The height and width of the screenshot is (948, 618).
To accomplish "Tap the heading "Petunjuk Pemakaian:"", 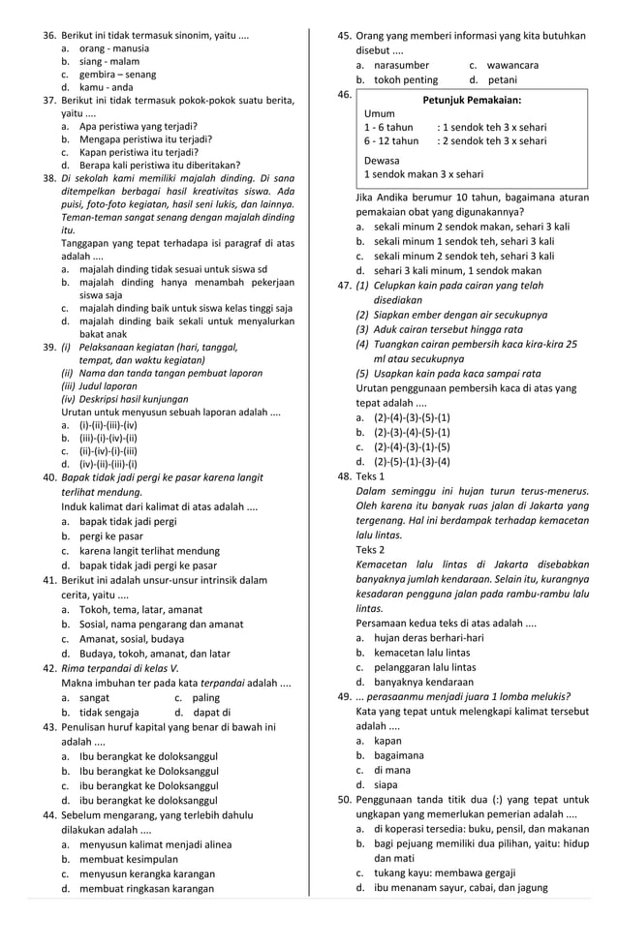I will [x=473, y=101].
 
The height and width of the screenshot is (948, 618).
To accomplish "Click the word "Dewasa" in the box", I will [x=382, y=160].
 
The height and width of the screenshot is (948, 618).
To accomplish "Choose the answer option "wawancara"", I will [x=513, y=65].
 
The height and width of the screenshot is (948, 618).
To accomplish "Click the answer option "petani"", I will [x=503, y=80].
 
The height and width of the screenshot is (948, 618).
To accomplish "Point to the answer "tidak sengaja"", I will [x=109, y=713].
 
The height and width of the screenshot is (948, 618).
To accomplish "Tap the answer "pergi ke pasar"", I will [x=111, y=535].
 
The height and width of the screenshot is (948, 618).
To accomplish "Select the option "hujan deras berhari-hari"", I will [x=428, y=637].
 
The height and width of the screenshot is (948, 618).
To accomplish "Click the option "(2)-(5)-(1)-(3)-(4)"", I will [x=412, y=462].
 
